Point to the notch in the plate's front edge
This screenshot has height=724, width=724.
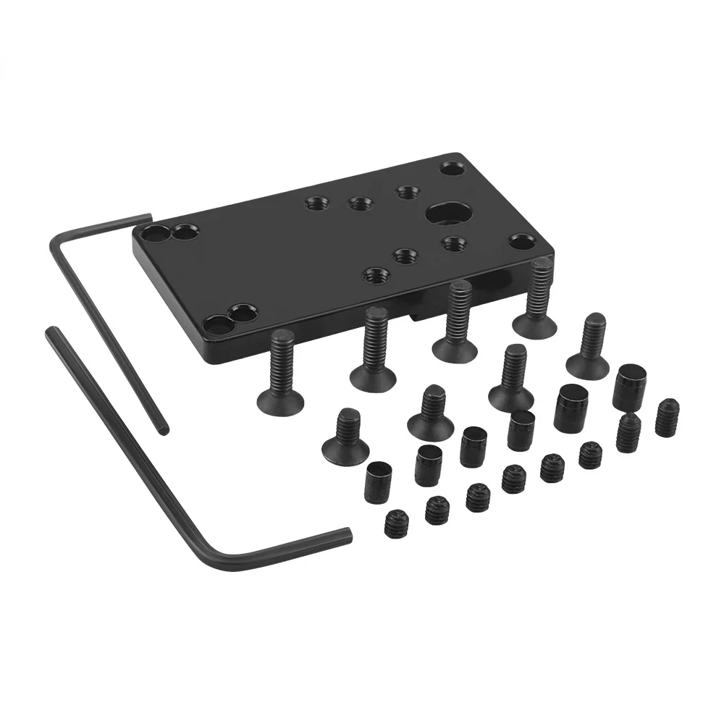416,315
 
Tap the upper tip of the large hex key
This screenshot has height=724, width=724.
51,332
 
